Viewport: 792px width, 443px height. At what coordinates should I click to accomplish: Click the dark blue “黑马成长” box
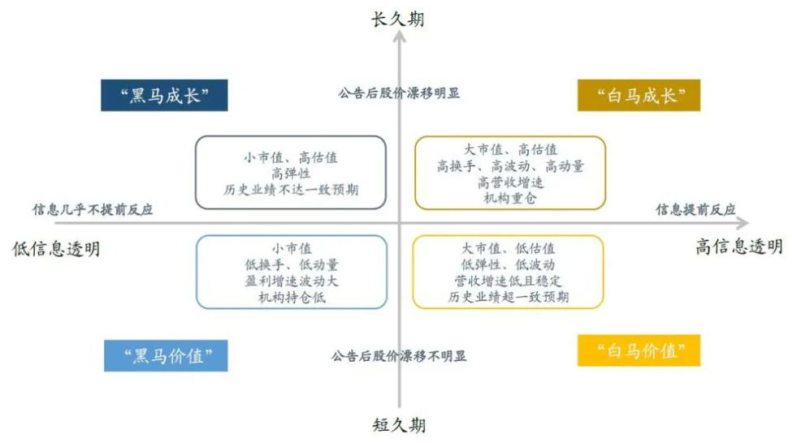click(x=164, y=95)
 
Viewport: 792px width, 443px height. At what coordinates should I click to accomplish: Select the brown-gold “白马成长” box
click(x=639, y=95)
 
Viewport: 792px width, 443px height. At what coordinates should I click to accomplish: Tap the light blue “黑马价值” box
click(x=166, y=355)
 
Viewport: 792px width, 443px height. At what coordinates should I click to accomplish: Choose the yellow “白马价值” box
click(x=639, y=351)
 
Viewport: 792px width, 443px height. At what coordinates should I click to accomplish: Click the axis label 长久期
click(x=398, y=19)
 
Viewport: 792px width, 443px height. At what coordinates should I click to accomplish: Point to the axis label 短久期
click(x=399, y=425)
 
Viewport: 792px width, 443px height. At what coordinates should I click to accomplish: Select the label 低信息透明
click(x=56, y=249)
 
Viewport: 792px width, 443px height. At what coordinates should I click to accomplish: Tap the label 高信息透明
click(x=739, y=247)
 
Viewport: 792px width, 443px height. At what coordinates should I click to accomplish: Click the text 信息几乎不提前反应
click(x=93, y=209)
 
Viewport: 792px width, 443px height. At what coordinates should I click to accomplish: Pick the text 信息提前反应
click(x=695, y=209)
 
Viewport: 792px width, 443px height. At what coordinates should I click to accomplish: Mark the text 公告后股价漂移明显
click(x=399, y=92)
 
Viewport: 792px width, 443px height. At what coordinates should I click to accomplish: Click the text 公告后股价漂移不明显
click(x=399, y=356)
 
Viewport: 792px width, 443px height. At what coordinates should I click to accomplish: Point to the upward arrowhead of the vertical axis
click(x=400, y=36)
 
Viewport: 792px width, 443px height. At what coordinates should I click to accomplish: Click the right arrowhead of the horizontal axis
click(x=742, y=222)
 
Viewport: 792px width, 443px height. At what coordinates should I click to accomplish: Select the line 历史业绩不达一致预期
click(x=291, y=190)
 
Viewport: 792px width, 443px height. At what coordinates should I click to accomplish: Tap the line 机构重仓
click(x=510, y=198)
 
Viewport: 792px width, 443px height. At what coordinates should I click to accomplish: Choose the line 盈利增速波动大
click(x=292, y=281)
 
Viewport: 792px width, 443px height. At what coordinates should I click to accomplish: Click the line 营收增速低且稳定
click(x=509, y=281)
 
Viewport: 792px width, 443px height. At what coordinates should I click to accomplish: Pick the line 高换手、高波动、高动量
click(x=510, y=166)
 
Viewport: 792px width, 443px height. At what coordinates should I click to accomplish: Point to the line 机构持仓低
click(x=292, y=297)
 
